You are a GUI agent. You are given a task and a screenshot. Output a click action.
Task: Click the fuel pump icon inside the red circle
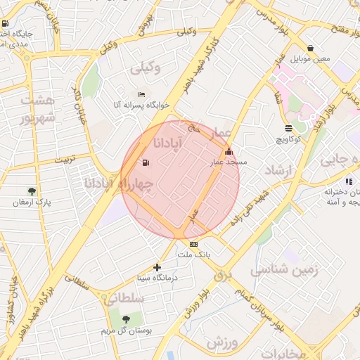(x=146, y=163)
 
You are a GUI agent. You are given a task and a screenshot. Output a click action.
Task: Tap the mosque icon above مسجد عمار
(x=228, y=151)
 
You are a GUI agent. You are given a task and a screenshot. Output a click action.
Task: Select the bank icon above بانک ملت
(x=193, y=244)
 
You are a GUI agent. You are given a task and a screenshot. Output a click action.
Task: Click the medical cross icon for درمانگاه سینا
(x=157, y=267)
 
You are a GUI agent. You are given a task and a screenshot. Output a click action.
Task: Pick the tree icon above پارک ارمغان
(x=32, y=191)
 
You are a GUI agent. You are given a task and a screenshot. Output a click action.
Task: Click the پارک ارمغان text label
(x=32, y=202)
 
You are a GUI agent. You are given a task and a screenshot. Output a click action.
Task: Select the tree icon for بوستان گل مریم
(x=126, y=319)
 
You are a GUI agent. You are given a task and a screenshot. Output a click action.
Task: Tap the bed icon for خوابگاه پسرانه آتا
(x=142, y=95)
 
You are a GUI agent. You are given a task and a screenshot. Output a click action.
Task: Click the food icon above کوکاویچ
(x=288, y=128)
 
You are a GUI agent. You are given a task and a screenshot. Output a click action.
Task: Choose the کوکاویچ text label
(x=289, y=139)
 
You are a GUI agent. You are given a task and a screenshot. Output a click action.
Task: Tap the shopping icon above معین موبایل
(x=310, y=47)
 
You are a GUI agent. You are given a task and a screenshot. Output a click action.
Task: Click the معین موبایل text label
(x=310, y=58)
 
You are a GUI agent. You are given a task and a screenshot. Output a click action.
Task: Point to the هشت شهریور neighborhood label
(x=37, y=109)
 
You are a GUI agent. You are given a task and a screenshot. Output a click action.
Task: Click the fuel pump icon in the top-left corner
(x=6, y=24)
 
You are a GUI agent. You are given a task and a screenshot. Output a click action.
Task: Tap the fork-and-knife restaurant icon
(x=349, y=181)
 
